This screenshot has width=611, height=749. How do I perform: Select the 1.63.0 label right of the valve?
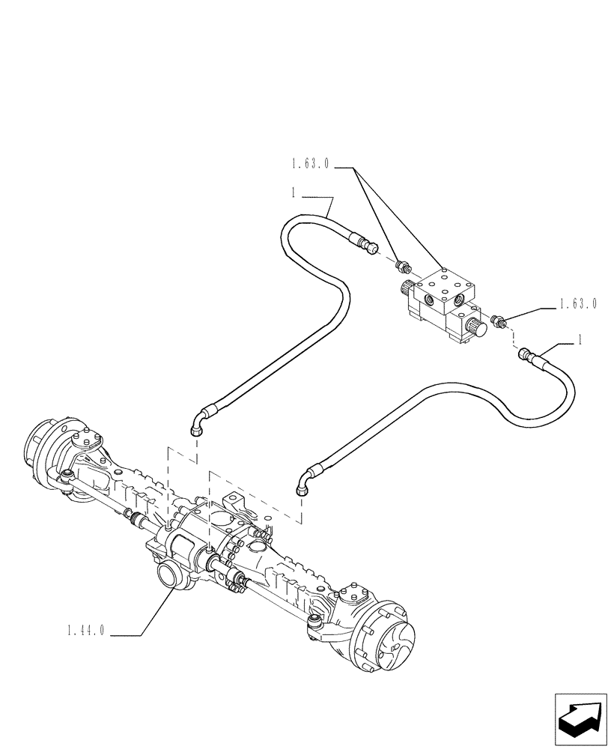tap(577, 303)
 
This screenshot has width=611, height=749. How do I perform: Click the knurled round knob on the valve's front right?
tap(476, 327)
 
